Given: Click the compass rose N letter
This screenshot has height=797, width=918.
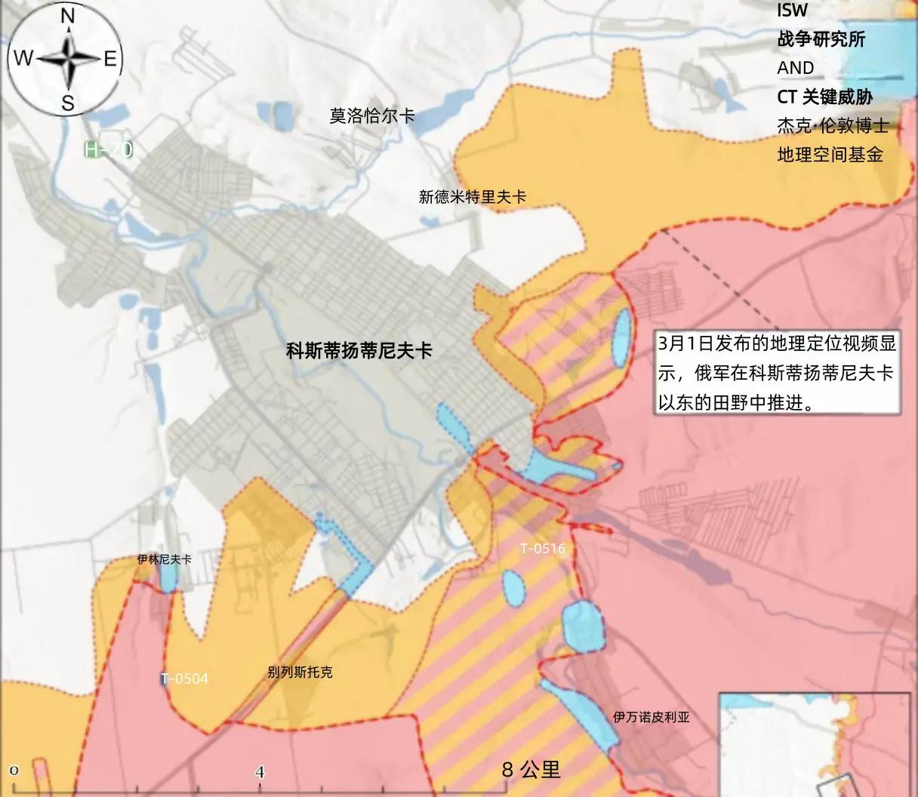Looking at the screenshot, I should [x=67, y=15].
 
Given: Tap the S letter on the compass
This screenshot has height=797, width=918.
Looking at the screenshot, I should [x=67, y=103].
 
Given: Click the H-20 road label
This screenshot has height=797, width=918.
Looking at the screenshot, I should [x=109, y=149].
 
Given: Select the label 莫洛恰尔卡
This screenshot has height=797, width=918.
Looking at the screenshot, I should [x=371, y=116].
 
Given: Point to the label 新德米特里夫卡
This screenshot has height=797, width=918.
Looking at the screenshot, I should [x=473, y=198].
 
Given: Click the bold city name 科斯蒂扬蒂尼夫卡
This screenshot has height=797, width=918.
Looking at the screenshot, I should [x=359, y=351].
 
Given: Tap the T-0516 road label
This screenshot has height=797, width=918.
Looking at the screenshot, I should [x=543, y=549].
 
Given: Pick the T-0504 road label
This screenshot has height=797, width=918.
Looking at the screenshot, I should [x=184, y=679].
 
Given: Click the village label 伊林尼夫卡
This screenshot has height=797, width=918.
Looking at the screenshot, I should [x=164, y=560].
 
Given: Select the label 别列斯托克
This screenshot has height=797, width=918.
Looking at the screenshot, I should [x=300, y=672].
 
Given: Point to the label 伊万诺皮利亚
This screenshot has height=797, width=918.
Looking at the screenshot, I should [x=651, y=717].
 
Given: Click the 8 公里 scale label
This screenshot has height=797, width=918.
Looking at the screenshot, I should [x=531, y=769].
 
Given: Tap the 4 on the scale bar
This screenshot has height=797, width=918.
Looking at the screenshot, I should [x=260, y=772].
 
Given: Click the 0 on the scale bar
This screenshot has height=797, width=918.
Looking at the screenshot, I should [x=14, y=771].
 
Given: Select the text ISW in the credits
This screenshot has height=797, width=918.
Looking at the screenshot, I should [x=792, y=11].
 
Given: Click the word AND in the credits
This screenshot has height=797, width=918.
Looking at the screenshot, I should [x=796, y=68].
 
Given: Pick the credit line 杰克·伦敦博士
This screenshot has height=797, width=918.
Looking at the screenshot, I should [x=833, y=125].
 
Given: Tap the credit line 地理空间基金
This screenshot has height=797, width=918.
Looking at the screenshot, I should [x=830, y=155].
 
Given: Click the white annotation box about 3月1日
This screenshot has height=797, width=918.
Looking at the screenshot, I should [x=778, y=373].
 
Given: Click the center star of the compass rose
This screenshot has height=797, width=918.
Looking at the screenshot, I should [x=68, y=59].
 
